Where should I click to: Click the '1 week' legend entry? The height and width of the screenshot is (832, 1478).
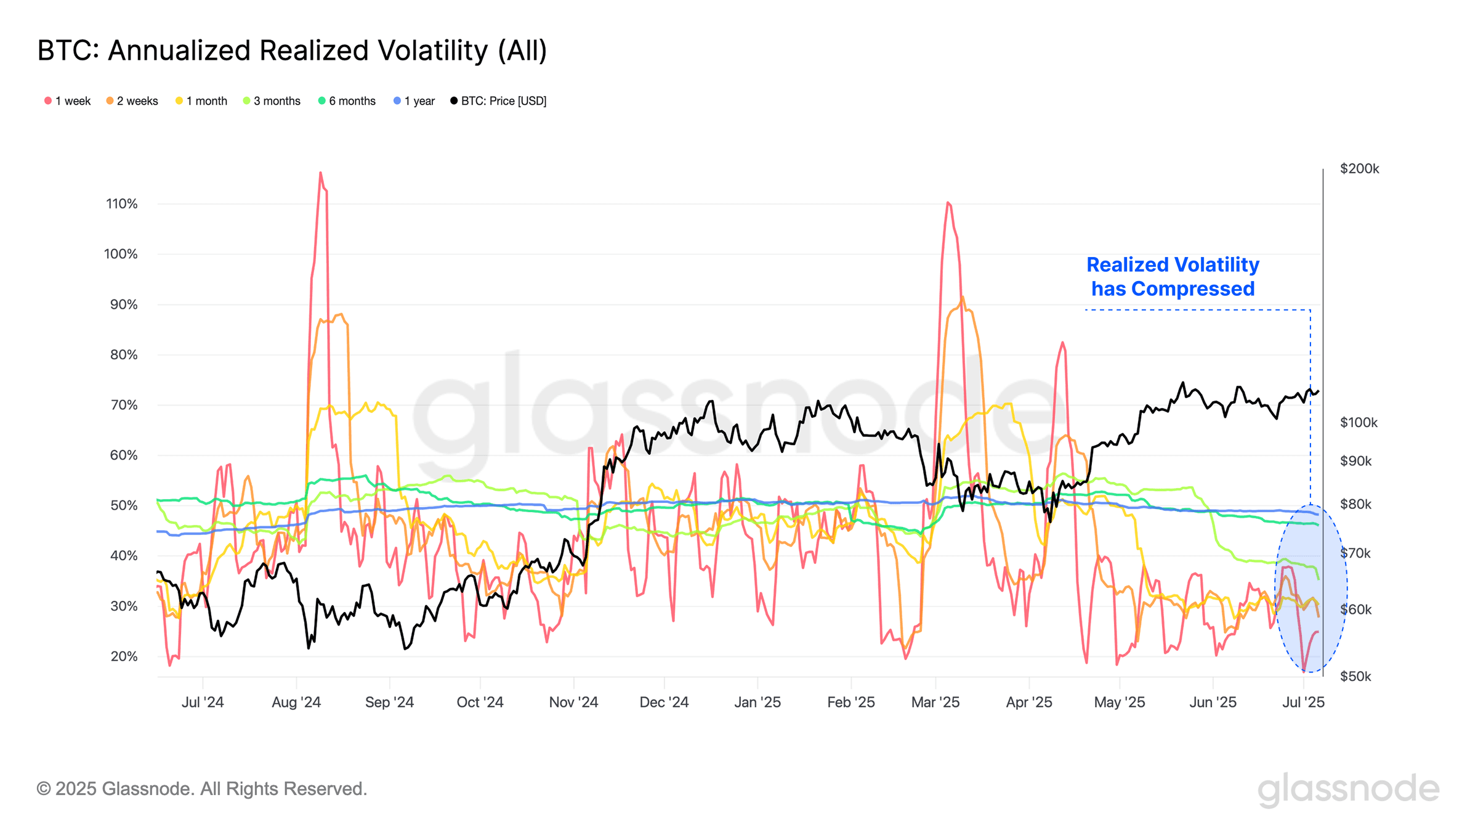click(68, 101)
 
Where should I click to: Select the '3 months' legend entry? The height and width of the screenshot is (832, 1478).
click(272, 101)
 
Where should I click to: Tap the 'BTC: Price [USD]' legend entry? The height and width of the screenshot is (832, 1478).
click(498, 101)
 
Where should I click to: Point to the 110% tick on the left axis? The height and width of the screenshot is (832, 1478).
click(122, 204)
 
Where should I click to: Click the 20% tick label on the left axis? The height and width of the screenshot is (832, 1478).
click(124, 656)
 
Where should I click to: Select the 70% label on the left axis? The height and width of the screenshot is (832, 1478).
click(124, 405)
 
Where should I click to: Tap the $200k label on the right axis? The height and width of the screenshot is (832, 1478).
click(1359, 169)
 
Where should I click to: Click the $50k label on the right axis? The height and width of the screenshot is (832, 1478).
click(1355, 677)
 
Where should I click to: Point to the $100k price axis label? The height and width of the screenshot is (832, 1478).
click(1359, 423)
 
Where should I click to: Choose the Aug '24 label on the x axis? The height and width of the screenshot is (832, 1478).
click(296, 703)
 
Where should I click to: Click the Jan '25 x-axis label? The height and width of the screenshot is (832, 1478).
click(757, 703)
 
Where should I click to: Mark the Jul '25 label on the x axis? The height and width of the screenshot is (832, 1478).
click(1303, 703)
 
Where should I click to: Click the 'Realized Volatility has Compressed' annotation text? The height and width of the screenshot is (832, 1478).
click(1173, 277)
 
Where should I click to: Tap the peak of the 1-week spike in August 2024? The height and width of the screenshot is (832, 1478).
click(320, 173)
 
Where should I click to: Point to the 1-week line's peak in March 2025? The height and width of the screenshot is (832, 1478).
click(948, 203)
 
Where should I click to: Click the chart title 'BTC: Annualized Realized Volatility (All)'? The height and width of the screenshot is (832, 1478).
click(292, 51)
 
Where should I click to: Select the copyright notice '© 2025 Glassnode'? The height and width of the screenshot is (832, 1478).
click(201, 789)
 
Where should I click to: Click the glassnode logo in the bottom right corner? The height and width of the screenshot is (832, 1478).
click(1348, 789)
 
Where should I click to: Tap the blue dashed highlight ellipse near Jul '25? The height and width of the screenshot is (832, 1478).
click(1311, 589)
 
